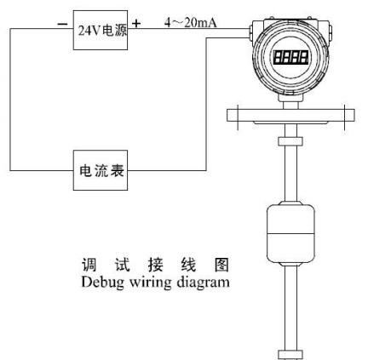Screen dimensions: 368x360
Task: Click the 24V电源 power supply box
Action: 101,30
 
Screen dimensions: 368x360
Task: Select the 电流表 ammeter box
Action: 101,170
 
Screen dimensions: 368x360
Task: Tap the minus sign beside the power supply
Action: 62,24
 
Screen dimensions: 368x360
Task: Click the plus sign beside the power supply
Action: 136,24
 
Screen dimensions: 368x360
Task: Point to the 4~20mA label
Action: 191,22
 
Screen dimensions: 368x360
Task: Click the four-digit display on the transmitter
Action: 290,57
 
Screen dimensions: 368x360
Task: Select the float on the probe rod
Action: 290,233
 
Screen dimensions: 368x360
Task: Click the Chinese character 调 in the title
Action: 89,265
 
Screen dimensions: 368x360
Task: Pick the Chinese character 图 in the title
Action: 221,265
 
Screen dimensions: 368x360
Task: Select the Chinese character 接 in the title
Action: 155,265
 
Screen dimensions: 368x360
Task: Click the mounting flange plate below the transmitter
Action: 290,116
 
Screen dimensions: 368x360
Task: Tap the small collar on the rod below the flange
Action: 290,141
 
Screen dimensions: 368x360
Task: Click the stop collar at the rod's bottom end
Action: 290,355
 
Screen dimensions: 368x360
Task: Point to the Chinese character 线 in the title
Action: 188,265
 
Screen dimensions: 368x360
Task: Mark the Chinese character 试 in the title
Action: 123,265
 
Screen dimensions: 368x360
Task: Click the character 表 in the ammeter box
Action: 117,170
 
